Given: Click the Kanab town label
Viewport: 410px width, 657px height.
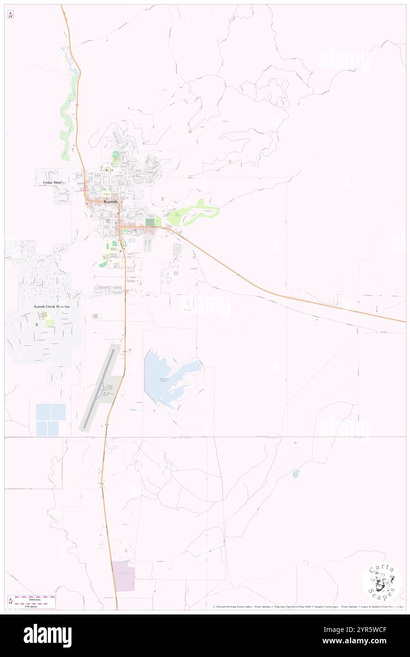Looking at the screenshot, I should (110, 201).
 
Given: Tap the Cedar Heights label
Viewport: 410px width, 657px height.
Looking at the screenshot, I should (52, 182).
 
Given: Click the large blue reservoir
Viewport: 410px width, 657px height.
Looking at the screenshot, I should (168, 378).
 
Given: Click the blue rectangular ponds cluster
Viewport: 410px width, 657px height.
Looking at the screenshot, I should (50, 419).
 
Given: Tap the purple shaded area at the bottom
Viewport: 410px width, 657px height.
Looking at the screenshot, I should (124, 576).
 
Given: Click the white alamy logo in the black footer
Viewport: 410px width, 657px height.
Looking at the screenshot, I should (47, 635).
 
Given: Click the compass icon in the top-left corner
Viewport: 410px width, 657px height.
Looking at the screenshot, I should (10, 15).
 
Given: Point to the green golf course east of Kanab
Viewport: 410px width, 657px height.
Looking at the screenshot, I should (194, 213).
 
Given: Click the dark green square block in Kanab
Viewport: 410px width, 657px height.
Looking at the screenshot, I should (150, 221).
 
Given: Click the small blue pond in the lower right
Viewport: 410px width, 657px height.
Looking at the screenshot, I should (296, 474).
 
